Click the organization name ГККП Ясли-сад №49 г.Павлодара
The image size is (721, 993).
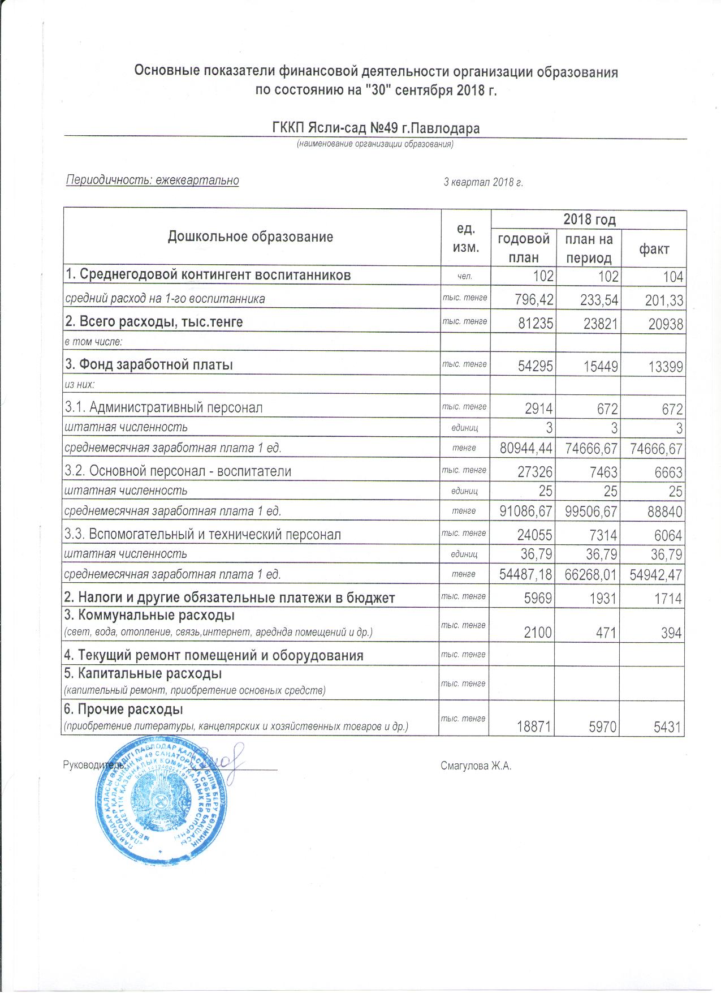point(376,128)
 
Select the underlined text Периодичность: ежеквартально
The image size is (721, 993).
point(153,180)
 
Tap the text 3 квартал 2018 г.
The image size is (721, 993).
point(483,182)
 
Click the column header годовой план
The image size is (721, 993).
point(523,248)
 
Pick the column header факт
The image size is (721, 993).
point(654,249)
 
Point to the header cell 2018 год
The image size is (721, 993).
point(589,220)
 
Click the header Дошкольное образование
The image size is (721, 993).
point(251,237)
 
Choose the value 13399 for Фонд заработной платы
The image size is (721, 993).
point(665,367)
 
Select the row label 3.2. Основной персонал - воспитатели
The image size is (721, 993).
point(178,471)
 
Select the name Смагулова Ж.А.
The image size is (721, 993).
point(476,766)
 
